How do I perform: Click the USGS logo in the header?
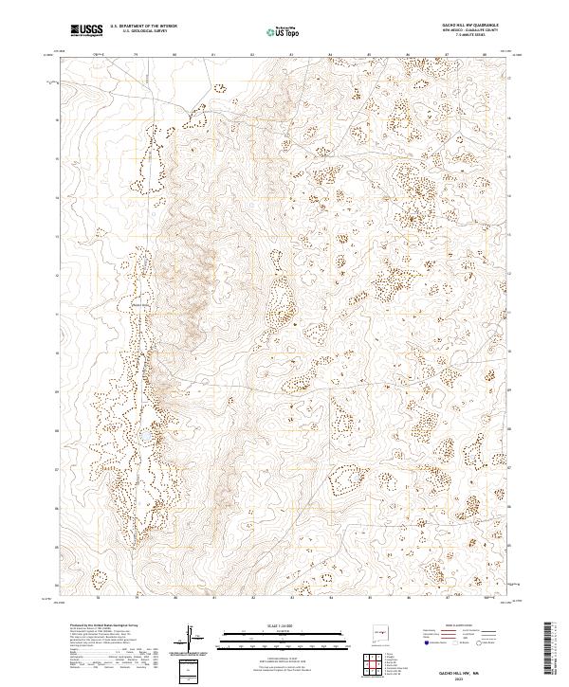click(x=86, y=30)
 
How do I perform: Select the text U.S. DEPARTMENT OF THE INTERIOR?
click(x=143, y=26)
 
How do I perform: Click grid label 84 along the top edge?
click(x=329, y=55)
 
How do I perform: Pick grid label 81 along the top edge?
click(x=213, y=55)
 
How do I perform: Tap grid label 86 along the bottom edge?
click(x=407, y=599)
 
